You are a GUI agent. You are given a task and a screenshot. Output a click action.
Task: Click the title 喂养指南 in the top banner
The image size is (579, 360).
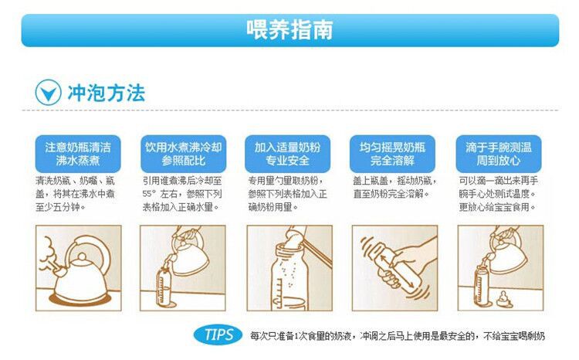coord(289,29)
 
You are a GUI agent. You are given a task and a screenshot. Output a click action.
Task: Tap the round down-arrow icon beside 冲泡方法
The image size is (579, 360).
coord(48,93)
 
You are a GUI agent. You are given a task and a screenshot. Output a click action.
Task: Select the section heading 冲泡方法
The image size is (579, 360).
coord(106,93)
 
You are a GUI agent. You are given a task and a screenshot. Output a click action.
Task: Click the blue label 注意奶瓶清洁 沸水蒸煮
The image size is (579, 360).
coord(78,154)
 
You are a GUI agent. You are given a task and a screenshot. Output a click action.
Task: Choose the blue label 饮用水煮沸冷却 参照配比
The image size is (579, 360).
coord(183,154)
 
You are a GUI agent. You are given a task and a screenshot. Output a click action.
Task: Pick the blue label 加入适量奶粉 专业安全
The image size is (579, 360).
coord(287,154)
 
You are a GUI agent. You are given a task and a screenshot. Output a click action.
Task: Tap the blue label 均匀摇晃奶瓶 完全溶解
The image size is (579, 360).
coord(392,154)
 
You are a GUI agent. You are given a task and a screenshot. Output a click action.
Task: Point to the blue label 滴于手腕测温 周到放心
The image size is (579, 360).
coord(499,154)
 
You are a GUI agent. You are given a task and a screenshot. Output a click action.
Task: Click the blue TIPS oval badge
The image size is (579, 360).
coord(218,335)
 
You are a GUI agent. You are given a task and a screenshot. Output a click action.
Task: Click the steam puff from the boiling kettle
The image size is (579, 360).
coord(48,255)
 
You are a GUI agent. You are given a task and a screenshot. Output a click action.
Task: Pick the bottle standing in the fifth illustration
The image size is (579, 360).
coord(482,285)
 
